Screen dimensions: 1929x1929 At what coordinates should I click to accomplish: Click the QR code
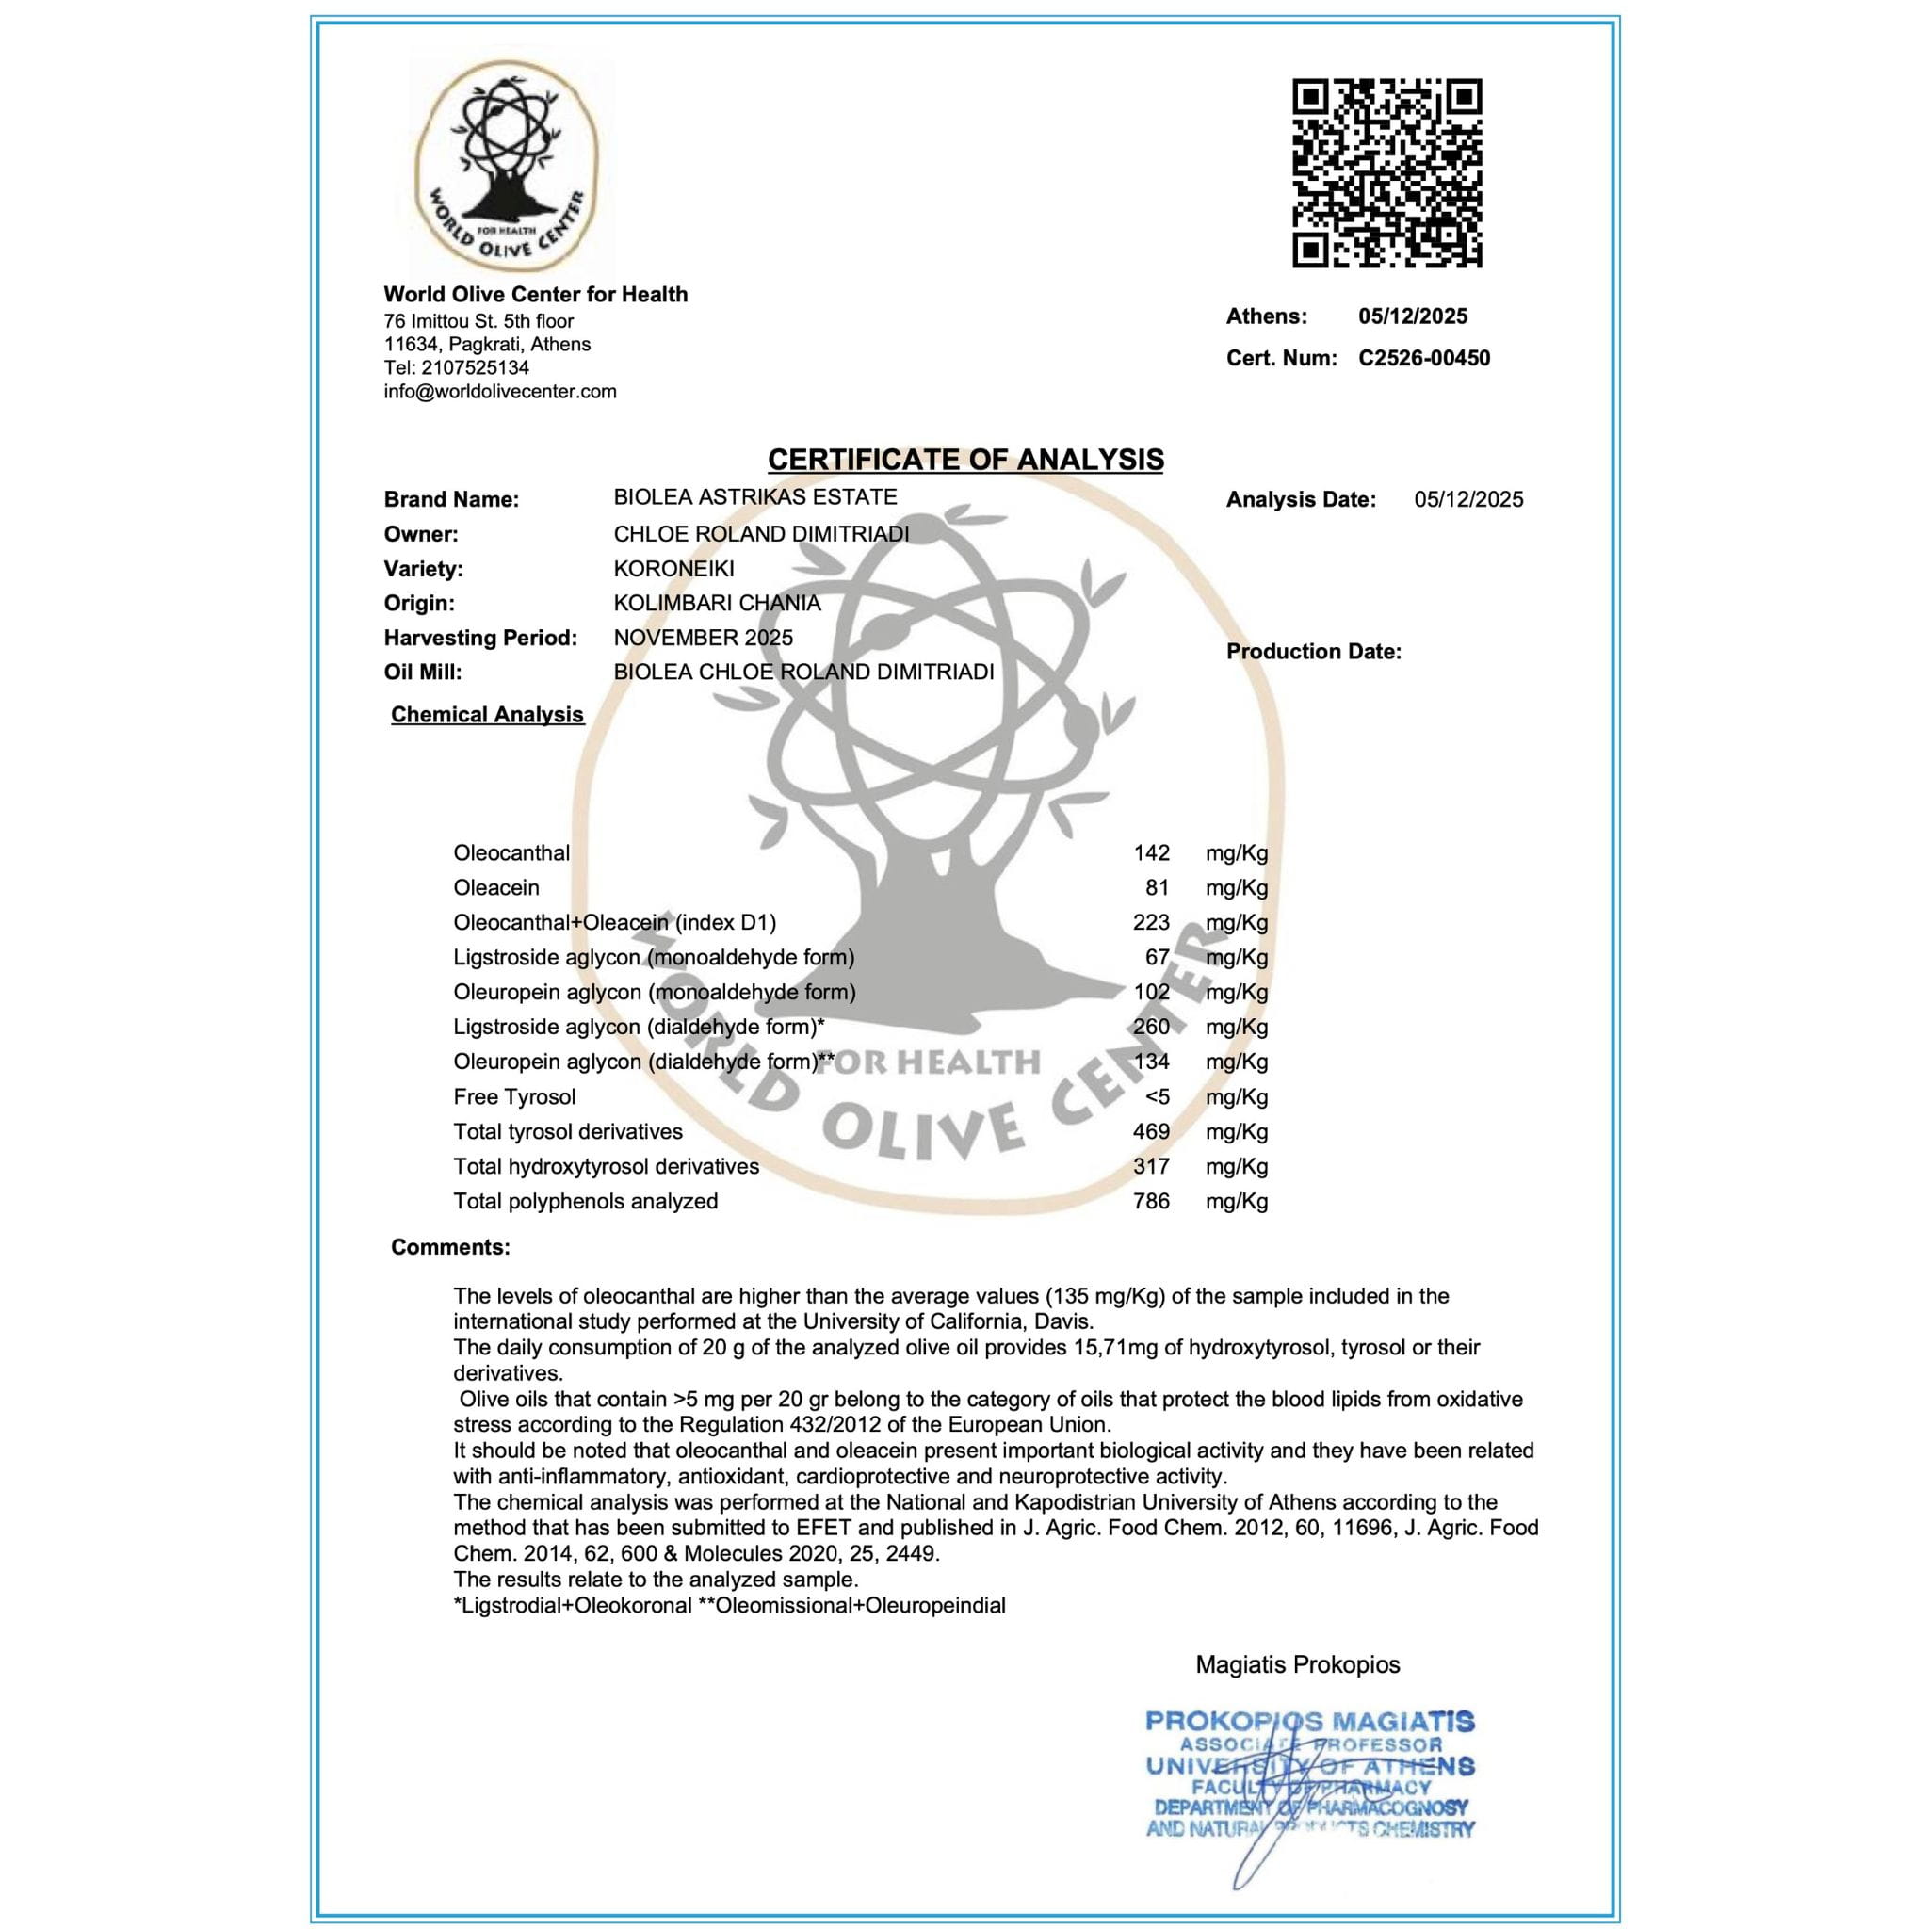(1386, 172)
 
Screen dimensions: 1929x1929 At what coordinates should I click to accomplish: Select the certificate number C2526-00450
(1424, 359)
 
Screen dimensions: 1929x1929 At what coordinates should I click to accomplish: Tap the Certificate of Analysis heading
(964, 460)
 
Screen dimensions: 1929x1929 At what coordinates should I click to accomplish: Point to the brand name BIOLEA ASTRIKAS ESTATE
(754, 497)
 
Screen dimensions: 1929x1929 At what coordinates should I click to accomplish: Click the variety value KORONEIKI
(674, 569)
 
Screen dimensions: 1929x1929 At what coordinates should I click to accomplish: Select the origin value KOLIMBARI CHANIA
(717, 603)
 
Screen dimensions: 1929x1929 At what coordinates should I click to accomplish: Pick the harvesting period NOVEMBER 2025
(703, 638)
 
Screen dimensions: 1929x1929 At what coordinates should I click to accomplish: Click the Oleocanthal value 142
(1151, 853)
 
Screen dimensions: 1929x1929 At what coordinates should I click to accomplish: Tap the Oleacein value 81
(1158, 887)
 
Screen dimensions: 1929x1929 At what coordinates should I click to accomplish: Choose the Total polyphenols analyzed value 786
(1151, 1201)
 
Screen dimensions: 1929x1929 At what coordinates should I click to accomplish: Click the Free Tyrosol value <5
(1158, 1097)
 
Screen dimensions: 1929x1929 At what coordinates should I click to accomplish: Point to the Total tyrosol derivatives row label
(567, 1132)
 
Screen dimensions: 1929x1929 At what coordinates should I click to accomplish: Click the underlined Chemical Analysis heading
(487, 715)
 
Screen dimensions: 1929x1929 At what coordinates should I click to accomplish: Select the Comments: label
(450, 1247)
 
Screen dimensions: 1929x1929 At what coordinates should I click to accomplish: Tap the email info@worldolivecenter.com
(500, 392)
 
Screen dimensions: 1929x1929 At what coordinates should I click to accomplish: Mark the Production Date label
(1313, 652)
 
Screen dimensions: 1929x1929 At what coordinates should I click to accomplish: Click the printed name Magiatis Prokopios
(1297, 1664)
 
